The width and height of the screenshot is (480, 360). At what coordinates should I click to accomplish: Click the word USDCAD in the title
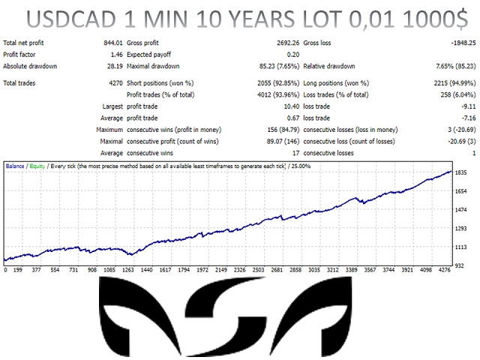(x=71, y=19)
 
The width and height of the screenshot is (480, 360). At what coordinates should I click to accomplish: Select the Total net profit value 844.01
(x=113, y=43)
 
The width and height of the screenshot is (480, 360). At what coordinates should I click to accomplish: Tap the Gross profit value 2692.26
(x=288, y=43)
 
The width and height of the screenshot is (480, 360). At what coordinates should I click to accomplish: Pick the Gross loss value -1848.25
(x=463, y=43)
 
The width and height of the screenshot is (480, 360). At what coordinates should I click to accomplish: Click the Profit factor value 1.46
(x=117, y=55)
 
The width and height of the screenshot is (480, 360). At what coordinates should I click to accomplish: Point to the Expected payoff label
(x=148, y=55)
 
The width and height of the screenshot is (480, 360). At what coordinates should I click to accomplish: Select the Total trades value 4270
(x=115, y=83)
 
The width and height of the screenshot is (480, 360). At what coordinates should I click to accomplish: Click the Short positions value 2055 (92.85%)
(x=278, y=83)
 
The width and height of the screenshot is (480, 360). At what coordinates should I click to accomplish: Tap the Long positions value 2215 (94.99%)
(x=455, y=83)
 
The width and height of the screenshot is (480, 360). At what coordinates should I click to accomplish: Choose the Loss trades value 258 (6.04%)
(x=458, y=95)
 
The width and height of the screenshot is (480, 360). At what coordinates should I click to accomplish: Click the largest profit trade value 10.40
(x=292, y=106)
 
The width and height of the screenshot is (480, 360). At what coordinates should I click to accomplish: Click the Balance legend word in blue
(x=15, y=166)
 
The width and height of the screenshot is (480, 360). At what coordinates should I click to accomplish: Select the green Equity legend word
(x=37, y=166)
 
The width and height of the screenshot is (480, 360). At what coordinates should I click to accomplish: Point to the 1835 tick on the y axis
(x=460, y=172)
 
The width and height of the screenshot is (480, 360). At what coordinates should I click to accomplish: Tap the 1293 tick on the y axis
(x=460, y=228)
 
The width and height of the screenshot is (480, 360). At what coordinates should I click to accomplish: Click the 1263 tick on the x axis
(x=128, y=270)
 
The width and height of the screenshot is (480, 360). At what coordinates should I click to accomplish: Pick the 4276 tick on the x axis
(x=445, y=270)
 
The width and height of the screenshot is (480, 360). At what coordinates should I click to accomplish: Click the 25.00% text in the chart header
(x=301, y=166)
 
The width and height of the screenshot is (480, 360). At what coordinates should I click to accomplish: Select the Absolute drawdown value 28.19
(x=115, y=66)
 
